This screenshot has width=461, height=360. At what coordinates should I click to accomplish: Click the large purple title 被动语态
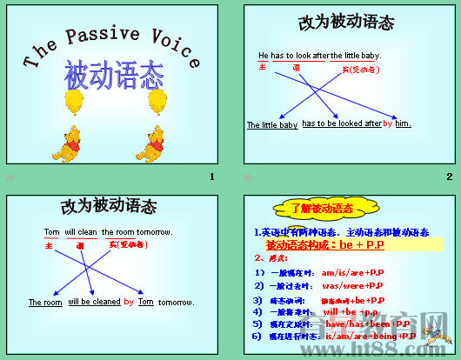click(115, 76)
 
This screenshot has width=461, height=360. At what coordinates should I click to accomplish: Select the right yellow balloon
click(158, 101)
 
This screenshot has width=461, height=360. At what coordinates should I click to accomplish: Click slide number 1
click(211, 177)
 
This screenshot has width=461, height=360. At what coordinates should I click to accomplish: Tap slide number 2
click(449, 177)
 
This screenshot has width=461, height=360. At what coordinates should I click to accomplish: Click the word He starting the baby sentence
click(264, 56)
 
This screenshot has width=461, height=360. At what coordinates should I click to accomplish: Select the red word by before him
click(388, 123)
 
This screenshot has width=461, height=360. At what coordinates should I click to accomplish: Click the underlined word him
click(403, 123)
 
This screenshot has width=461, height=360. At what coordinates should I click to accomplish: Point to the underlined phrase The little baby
click(271, 125)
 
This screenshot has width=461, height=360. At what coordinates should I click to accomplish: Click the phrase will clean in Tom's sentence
click(82, 232)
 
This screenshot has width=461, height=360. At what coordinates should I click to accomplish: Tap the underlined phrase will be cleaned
click(94, 302)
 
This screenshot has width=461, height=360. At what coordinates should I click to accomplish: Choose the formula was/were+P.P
click(352, 285)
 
